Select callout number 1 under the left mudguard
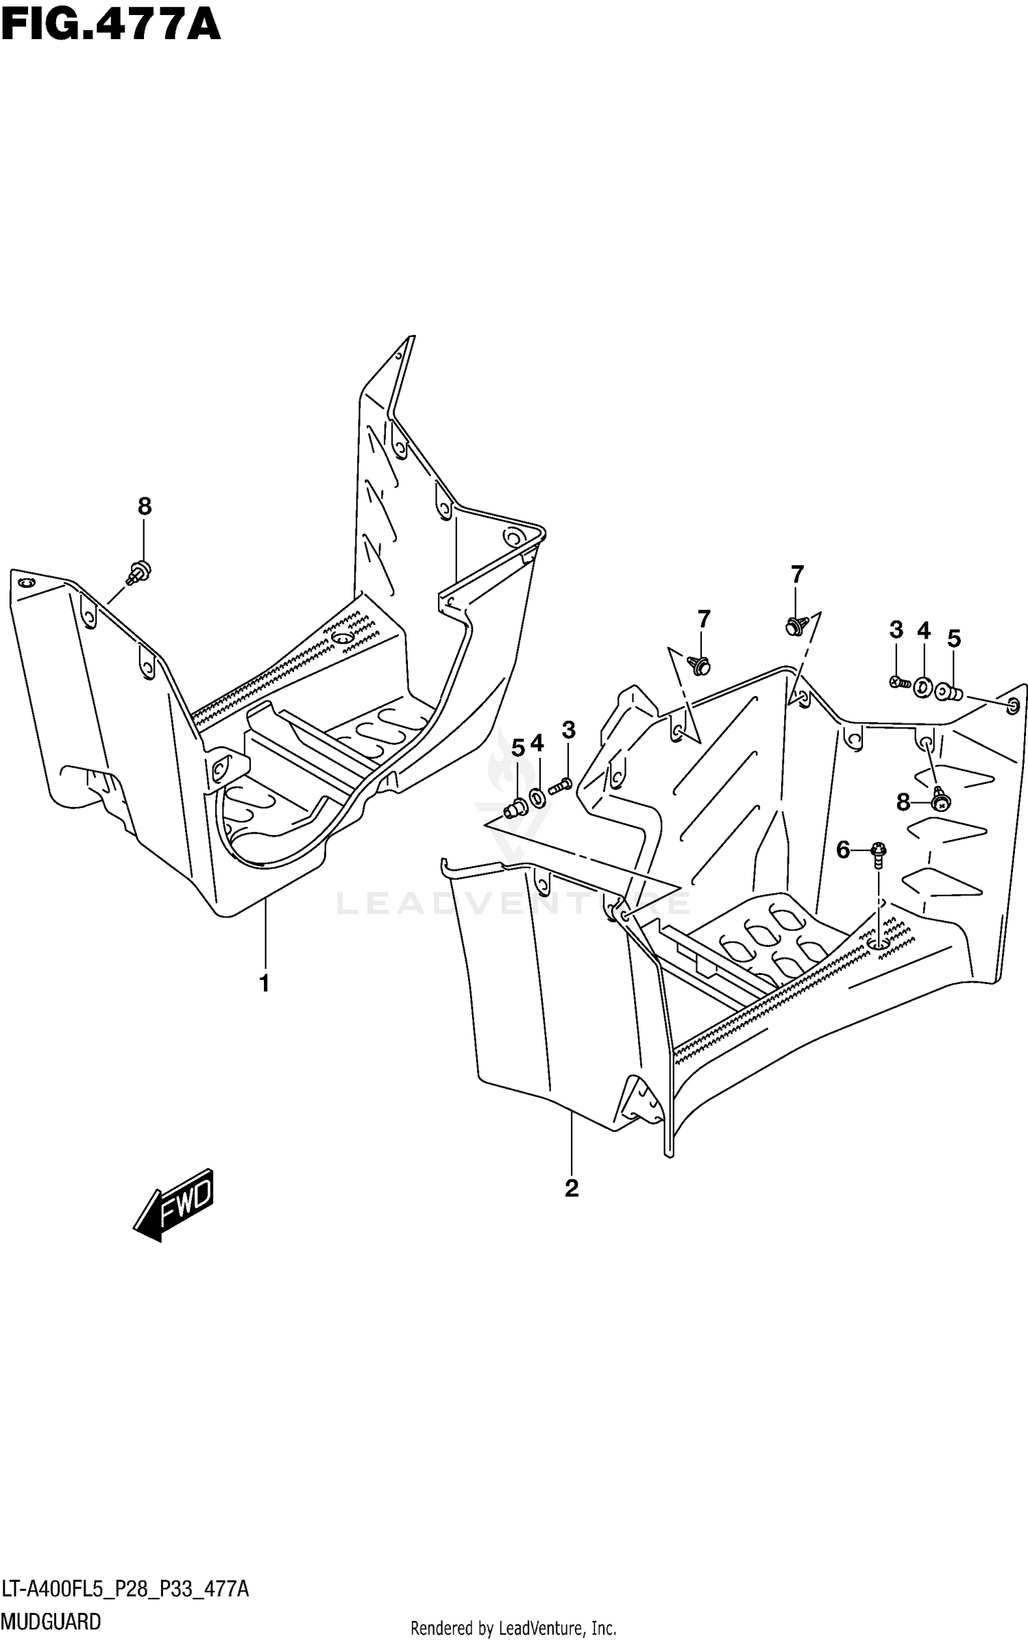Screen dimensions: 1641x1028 [x=264, y=984]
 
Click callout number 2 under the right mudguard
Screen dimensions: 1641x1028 [x=572, y=1187]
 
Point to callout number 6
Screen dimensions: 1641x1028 [x=842, y=850]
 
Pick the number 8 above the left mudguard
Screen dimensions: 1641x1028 [x=144, y=506]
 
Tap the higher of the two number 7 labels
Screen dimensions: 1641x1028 [x=796, y=574]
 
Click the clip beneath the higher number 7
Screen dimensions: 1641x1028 [x=795, y=625]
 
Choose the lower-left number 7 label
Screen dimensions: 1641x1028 [x=704, y=619]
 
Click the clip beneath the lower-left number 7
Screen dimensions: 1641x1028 [x=700, y=664]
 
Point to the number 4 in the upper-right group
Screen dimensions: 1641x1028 [x=924, y=630]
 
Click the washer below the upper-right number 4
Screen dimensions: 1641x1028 [x=923, y=686]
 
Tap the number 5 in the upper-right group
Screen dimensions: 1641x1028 [x=954, y=639]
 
